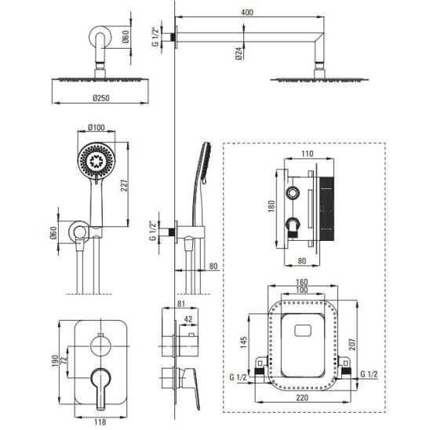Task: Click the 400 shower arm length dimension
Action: [247, 13]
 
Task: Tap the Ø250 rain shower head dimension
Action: [101, 98]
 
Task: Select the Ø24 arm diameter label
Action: [239, 53]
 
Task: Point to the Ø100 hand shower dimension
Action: [97, 128]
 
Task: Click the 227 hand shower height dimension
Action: [124, 185]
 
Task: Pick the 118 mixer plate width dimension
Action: [100, 422]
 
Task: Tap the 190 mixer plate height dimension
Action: [55, 361]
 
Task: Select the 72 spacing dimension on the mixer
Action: [64, 361]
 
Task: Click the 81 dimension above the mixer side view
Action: [181, 304]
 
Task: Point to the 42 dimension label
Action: [188, 319]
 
